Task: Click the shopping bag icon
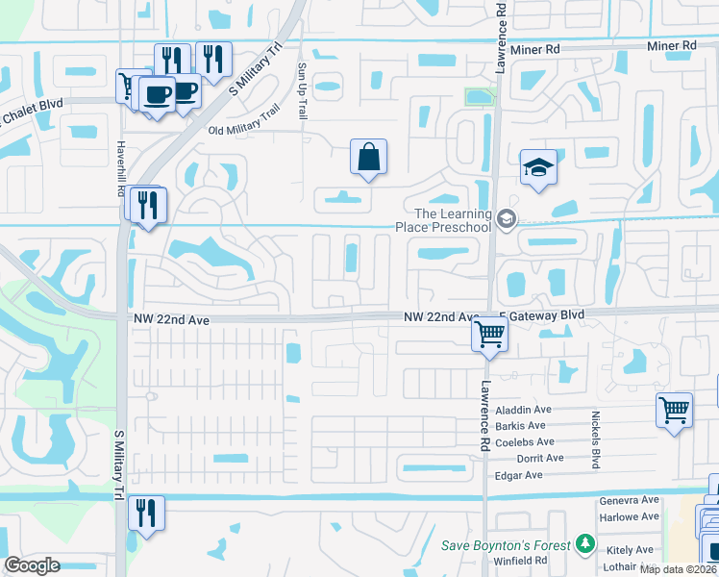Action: click(x=369, y=157)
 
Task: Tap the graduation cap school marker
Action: click(x=538, y=168)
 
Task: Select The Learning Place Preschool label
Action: click(x=440, y=220)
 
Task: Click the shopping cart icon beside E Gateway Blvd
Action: click(x=490, y=336)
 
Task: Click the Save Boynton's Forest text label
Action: click(x=506, y=546)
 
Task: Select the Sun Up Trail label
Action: click(x=302, y=91)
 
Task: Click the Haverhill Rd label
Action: click(x=121, y=160)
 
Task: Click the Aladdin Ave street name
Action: click(x=523, y=410)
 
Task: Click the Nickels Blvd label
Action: click(x=596, y=440)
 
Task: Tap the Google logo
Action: click(x=33, y=565)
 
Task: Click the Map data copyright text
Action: click(x=678, y=569)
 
